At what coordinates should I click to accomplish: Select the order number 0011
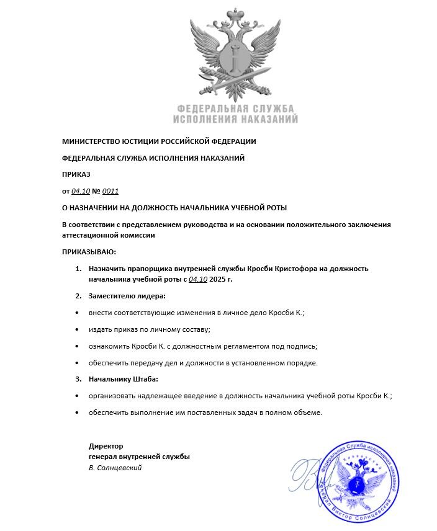(110, 191)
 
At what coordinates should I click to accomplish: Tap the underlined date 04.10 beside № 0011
(81, 191)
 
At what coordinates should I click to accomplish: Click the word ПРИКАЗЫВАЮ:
(89, 252)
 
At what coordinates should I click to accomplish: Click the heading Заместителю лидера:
(127, 296)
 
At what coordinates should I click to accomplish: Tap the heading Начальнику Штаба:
(124, 379)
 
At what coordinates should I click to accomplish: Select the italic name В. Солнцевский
(115, 468)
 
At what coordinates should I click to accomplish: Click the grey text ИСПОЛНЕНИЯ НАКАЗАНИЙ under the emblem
(235, 118)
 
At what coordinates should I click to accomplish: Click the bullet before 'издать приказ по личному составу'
(77, 329)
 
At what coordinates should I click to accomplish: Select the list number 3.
(78, 379)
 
